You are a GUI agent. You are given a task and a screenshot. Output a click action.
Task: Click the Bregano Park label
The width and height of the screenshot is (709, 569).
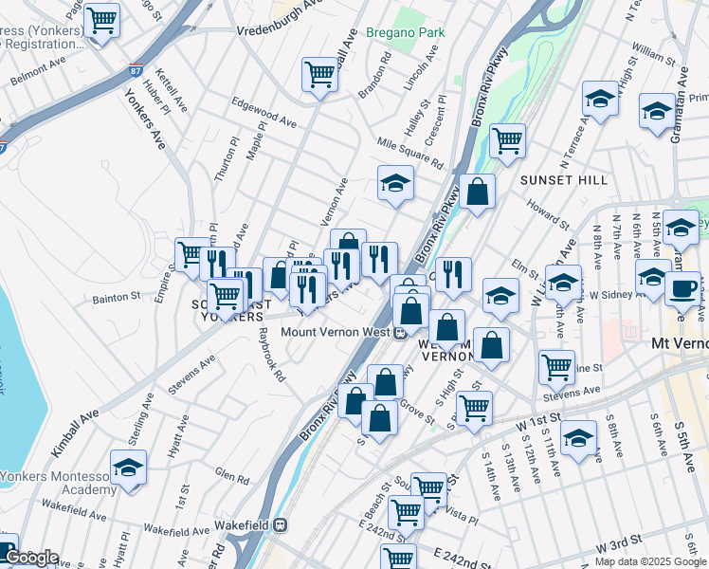pyautogui.click(x=418, y=32)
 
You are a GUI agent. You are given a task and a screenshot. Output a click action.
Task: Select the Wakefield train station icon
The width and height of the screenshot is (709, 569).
pyautogui.click(x=281, y=523)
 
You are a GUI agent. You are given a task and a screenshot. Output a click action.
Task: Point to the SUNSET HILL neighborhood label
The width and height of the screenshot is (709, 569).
pyautogui.click(x=556, y=178)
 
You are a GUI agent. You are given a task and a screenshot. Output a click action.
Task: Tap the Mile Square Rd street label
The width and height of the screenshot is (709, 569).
pyautogui.click(x=409, y=151)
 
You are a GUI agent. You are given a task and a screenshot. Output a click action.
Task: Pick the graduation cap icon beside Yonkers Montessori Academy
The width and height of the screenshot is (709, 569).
pyautogui.click(x=128, y=468)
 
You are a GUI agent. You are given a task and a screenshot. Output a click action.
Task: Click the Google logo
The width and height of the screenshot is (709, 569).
pyautogui.click(x=31, y=557)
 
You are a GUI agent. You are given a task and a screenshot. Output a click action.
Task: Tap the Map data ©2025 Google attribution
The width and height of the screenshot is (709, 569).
pyautogui.click(x=650, y=561)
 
